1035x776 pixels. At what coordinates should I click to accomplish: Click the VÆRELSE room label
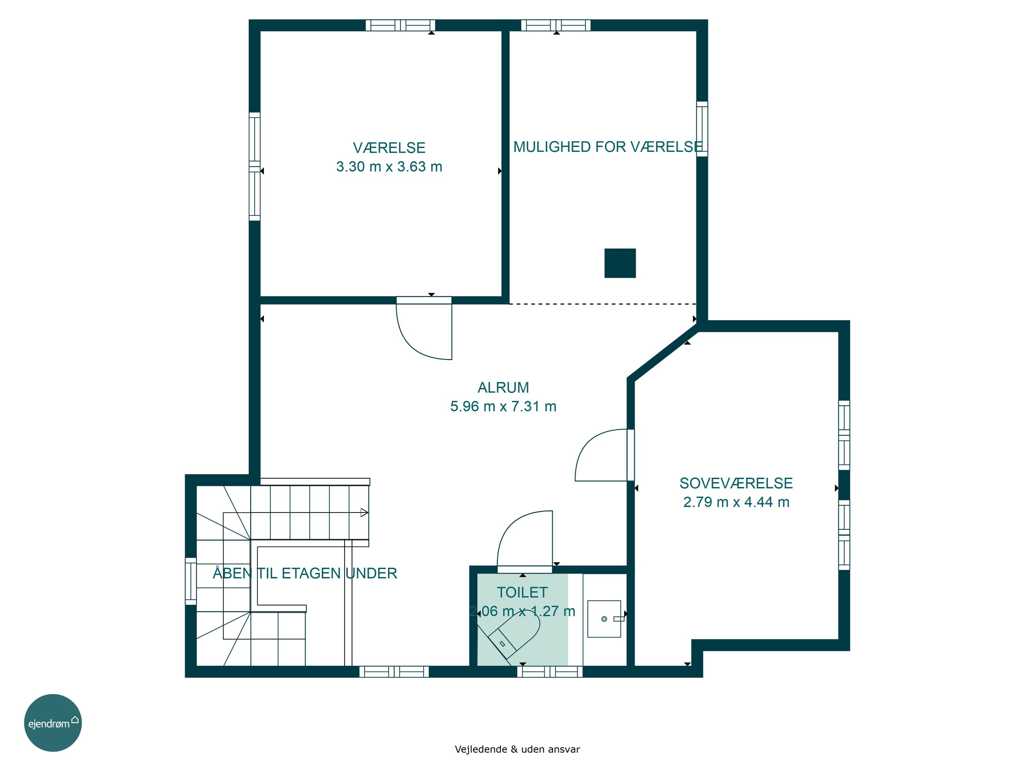(x=389, y=148)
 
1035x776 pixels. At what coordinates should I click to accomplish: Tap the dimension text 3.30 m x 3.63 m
(x=389, y=167)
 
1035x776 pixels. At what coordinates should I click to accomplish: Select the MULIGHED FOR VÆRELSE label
(x=608, y=147)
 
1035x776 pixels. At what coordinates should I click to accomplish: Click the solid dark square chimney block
(x=620, y=263)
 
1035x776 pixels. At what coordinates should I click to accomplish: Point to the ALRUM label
(x=503, y=387)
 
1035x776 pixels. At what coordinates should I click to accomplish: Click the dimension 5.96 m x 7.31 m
(x=503, y=406)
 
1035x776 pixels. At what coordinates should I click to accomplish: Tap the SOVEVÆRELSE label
(x=736, y=483)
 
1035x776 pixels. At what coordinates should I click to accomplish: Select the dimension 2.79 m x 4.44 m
(x=736, y=502)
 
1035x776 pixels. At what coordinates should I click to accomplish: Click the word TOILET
(x=522, y=592)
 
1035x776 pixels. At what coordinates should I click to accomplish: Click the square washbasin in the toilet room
(x=604, y=619)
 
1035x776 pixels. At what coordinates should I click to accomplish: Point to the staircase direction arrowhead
(x=364, y=513)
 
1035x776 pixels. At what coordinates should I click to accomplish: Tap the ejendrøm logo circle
(x=53, y=723)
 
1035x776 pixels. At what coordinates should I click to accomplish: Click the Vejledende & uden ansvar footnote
(x=517, y=749)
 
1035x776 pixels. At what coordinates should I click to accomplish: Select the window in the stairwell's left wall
(x=191, y=581)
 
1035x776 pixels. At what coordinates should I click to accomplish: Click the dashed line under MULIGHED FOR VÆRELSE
(x=603, y=304)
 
